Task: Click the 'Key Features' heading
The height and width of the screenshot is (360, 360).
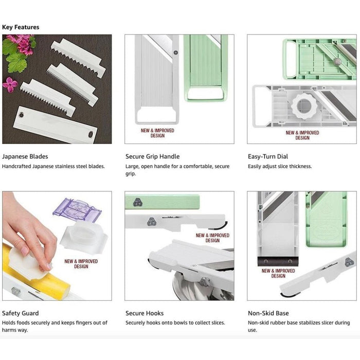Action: (x=21, y=27)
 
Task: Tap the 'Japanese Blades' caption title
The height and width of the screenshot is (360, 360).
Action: (x=25, y=156)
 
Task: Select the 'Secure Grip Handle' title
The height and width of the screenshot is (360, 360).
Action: (x=152, y=156)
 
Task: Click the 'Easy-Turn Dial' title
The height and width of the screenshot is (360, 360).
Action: (x=268, y=156)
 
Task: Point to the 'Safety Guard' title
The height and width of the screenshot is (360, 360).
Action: (x=21, y=313)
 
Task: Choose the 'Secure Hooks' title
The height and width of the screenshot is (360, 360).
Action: (x=145, y=313)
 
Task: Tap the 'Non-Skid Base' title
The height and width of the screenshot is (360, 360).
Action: (x=268, y=313)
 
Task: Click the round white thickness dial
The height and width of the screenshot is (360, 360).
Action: (x=304, y=106)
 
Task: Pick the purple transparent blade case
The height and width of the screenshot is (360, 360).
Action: (x=77, y=210)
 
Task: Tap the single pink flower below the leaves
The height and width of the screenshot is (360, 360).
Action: (x=10, y=84)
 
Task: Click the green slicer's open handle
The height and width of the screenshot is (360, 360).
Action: (x=206, y=94)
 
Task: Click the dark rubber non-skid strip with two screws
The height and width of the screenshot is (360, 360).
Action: (x=278, y=261)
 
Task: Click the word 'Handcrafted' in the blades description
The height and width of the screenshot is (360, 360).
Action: (x=16, y=166)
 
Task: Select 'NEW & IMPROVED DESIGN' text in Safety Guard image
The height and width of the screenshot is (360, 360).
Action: (x=81, y=264)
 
